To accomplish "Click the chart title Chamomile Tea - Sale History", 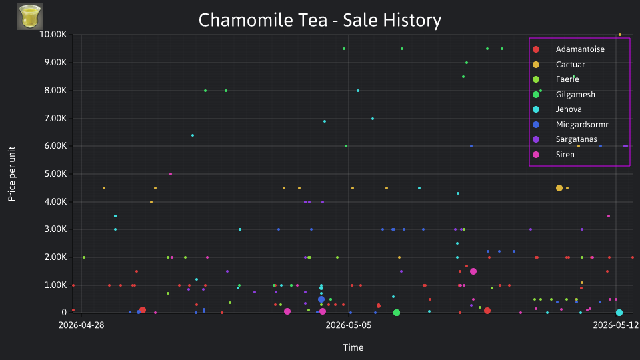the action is coord(320,20).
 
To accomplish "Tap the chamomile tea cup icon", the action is coord(30,17).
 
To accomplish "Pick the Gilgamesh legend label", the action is coord(575,94).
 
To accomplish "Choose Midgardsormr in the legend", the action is coord(570,125).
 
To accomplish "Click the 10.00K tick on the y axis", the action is coord(53,34).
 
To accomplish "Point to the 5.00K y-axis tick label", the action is coord(55,174).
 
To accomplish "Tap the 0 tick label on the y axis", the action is coord(64,312).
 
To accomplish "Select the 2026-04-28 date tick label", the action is coord(81,325).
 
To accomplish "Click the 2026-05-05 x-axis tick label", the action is coord(349,325).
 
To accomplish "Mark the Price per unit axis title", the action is coord(12,174).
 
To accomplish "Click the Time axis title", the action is coord(353,347).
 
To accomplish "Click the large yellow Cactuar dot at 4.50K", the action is coord(559,188).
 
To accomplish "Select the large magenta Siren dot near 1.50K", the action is coord(473,271).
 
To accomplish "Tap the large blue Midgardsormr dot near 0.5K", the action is coord(321,299).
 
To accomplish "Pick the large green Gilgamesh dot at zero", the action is coord(396,313).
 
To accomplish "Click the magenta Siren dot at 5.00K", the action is coord(171,174).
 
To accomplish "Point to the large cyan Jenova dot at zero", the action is coord(619,313).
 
